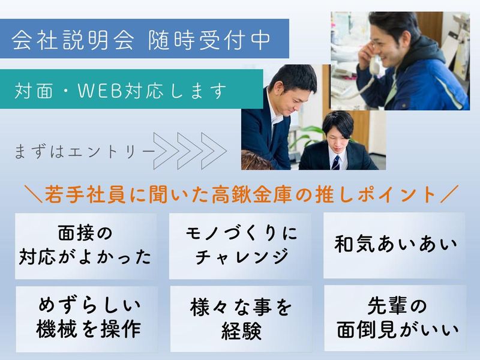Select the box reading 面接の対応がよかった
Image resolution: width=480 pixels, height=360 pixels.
click(86, 245)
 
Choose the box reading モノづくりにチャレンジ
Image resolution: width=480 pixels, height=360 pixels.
click(239, 245)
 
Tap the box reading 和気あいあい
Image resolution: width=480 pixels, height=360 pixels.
click(394, 245)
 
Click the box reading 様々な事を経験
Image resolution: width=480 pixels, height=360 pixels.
click(240, 319)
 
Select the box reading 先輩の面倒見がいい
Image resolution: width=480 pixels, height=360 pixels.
click(395, 318)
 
